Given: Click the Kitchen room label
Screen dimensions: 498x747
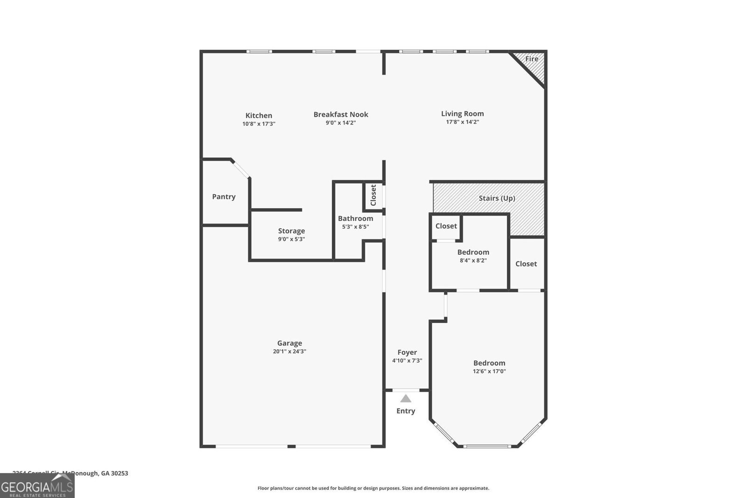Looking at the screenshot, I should click(259, 115).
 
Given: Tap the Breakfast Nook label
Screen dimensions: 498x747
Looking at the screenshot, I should click(341, 114).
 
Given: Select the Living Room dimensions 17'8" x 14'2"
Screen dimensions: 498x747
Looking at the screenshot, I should click(462, 122).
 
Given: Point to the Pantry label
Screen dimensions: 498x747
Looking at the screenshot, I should click(224, 196).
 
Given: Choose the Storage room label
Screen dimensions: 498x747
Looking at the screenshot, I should click(291, 231).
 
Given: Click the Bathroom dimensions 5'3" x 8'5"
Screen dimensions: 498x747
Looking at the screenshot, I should click(355, 227).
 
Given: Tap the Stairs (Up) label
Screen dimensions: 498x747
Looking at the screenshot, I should click(497, 198).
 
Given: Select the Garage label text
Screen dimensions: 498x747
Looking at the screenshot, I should click(289, 343).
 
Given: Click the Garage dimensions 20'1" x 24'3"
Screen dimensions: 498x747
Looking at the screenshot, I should click(289, 351).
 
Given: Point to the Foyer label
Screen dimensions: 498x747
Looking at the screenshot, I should click(407, 352).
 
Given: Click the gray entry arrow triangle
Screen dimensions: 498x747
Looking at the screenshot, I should click(406, 399).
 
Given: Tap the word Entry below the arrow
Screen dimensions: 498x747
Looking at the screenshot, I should click(406, 411).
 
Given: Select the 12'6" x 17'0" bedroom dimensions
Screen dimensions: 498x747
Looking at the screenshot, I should click(489, 372).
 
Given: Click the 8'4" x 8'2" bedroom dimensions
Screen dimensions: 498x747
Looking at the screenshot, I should click(473, 260).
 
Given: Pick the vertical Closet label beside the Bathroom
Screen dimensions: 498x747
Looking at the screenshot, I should click(373, 195).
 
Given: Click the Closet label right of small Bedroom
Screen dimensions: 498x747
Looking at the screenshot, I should click(526, 264).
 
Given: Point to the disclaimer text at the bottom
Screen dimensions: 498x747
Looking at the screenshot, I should click(373, 488).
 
